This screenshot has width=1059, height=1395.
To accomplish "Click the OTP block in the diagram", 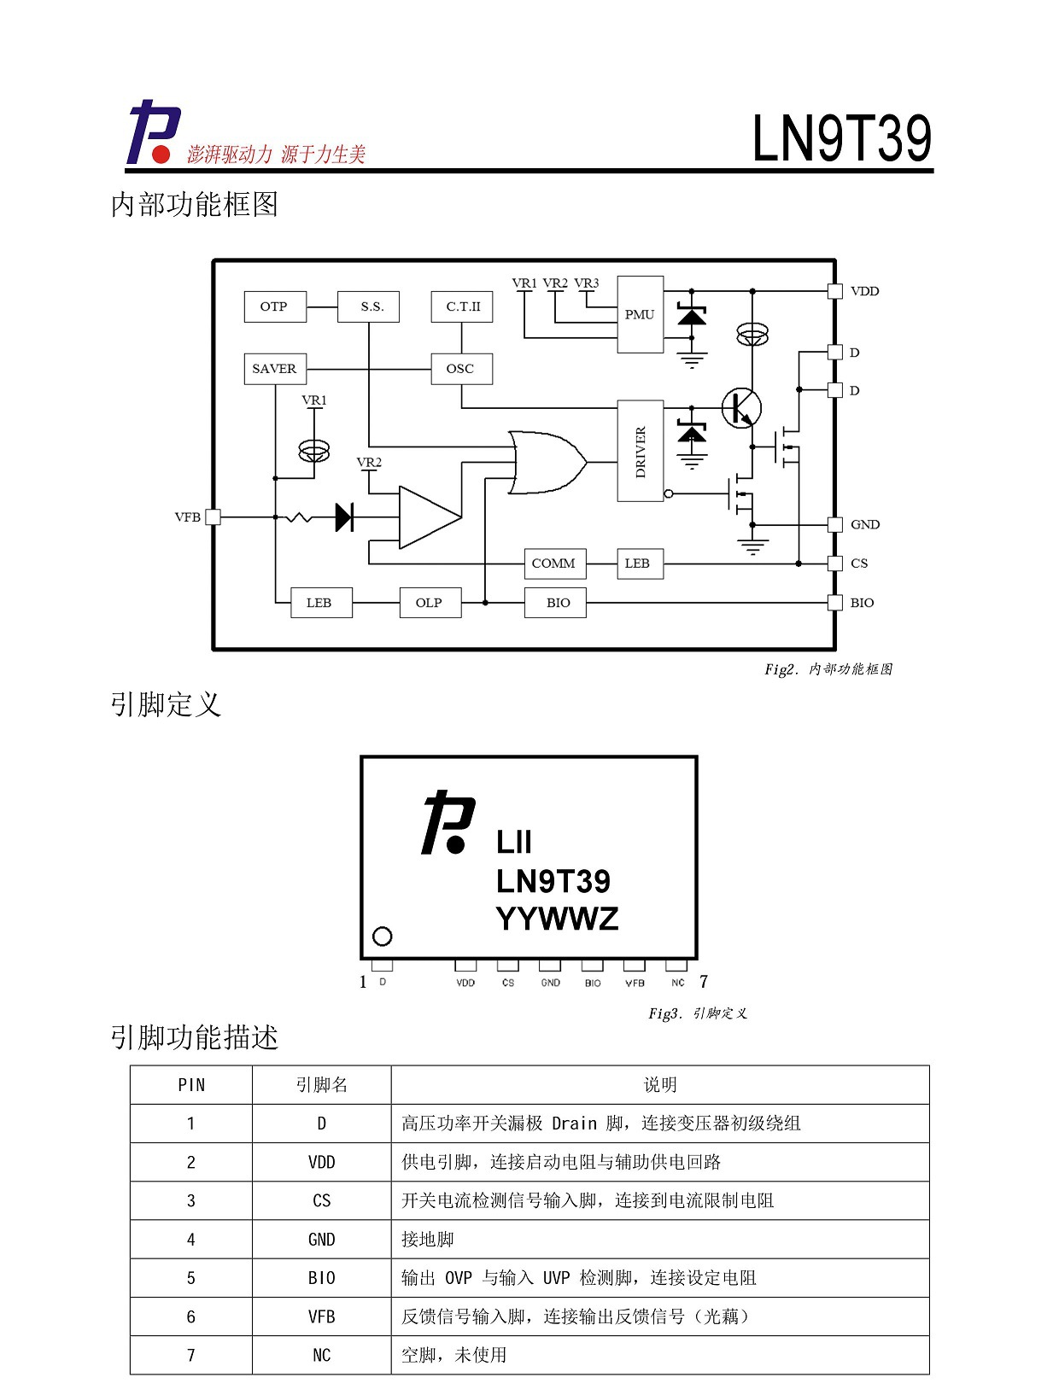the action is [x=275, y=306].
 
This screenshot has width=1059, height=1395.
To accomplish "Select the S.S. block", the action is [x=368, y=306].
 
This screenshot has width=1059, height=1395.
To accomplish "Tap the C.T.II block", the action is [x=461, y=306].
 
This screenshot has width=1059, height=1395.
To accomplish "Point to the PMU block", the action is [x=641, y=314].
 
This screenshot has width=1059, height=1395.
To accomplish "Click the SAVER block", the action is [x=275, y=369].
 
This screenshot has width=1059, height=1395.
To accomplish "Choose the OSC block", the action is [x=461, y=369].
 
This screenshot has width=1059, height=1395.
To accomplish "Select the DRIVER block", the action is [x=641, y=451].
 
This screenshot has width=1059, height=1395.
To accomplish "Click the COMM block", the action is [x=555, y=563].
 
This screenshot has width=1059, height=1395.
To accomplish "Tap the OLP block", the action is [x=430, y=603].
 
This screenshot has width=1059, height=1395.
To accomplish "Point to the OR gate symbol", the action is [x=547, y=463].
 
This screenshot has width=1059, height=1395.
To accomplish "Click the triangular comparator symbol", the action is [x=430, y=517].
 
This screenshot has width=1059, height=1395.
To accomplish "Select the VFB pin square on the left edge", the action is [x=213, y=517].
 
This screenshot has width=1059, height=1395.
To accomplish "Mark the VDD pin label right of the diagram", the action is [x=864, y=291].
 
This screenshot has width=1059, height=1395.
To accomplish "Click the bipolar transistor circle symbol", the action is [x=741, y=408].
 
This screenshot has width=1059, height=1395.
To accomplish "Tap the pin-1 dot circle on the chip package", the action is [x=382, y=937].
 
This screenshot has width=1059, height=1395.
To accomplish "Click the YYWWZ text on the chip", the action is [x=557, y=919].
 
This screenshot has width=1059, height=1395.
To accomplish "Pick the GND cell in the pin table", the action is [x=322, y=1240].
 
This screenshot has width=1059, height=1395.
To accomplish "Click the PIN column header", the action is [x=191, y=1085].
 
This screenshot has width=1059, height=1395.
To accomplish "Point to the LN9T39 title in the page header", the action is [x=841, y=138].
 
